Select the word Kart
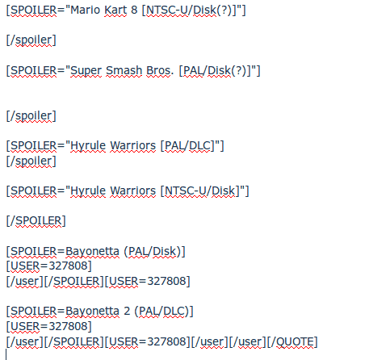[x=115, y=10]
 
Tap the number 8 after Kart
[x=134, y=10]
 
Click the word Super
[x=86, y=71]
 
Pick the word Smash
[x=124, y=71]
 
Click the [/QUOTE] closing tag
[x=292, y=342]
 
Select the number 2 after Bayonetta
[x=127, y=312]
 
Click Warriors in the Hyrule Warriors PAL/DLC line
[x=132, y=146]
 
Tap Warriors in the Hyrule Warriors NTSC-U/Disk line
[x=132, y=191]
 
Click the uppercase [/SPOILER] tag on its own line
[x=36, y=221]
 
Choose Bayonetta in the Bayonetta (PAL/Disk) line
[x=92, y=252]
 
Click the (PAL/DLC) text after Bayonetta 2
[x=164, y=312]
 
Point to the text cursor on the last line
[x=6, y=354]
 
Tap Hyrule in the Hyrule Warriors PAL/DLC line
[x=88, y=146]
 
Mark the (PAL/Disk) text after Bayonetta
[x=154, y=252]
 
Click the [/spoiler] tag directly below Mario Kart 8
[x=31, y=40]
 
